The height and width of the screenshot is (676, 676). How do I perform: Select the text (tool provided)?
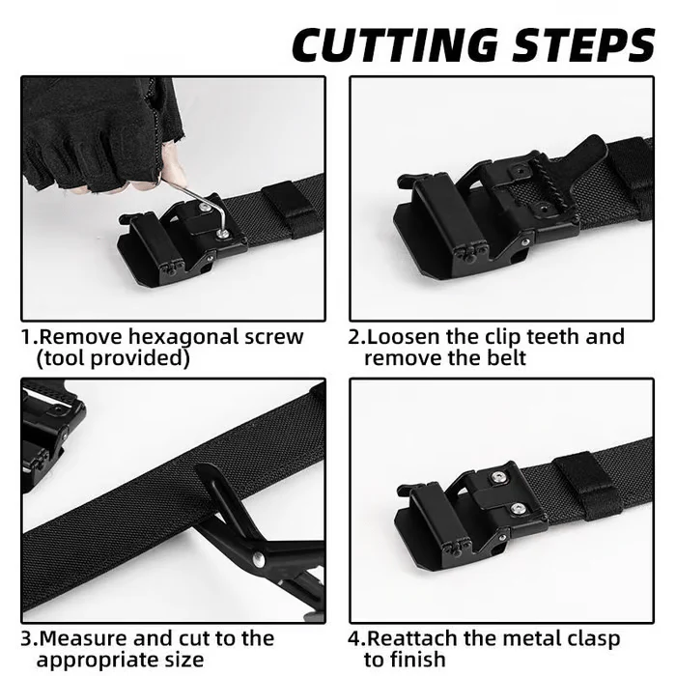(112, 358)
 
